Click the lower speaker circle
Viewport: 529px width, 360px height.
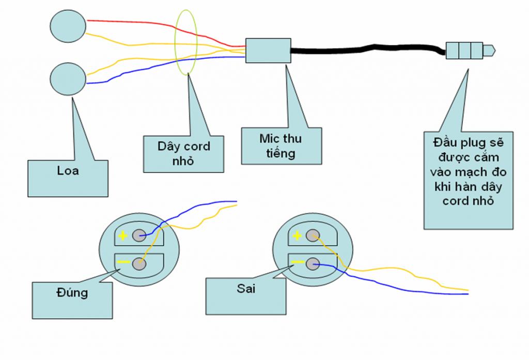coord(68,79)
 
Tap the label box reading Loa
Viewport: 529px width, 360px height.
coord(68,172)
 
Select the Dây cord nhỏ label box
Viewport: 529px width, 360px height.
coord(183,153)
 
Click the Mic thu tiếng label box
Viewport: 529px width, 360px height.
coord(281,146)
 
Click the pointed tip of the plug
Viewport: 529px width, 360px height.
coord(491,51)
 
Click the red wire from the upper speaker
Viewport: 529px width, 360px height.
coord(155,25)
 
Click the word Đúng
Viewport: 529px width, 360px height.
coord(72,292)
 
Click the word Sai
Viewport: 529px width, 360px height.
coord(246,289)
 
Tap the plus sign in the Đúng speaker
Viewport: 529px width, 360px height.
coord(122,236)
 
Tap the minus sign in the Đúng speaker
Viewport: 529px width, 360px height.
coord(123,262)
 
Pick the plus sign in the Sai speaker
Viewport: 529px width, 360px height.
coord(297,236)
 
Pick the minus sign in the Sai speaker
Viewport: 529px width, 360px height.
coord(297,262)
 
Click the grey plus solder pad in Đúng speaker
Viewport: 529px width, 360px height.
coord(138,236)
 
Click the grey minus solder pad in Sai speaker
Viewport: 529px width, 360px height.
coord(313,264)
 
